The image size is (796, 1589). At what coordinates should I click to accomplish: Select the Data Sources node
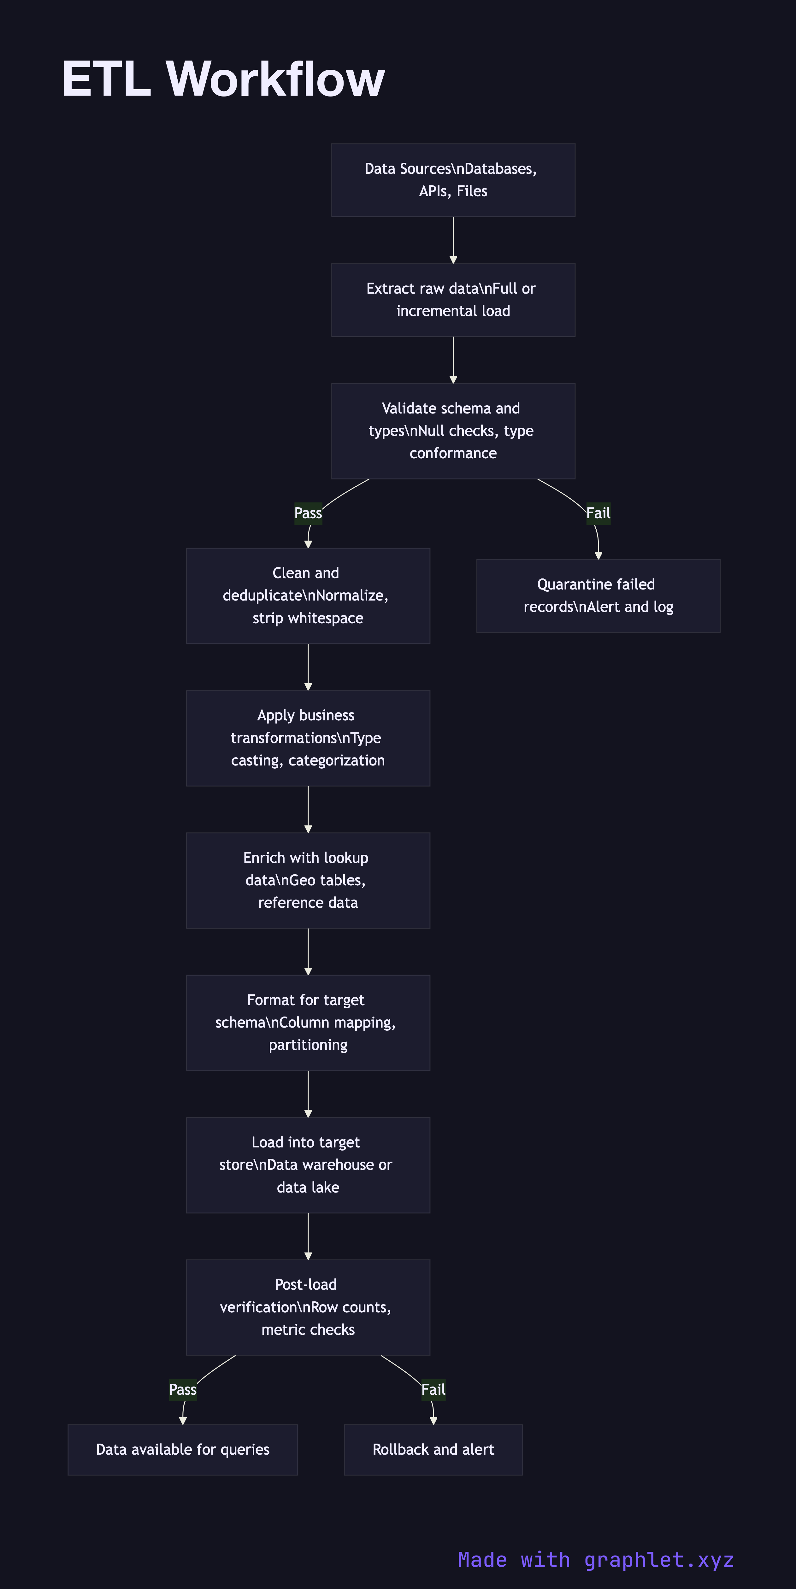[x=453, y=180]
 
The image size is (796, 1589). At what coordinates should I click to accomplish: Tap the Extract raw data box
[x=453, y=300]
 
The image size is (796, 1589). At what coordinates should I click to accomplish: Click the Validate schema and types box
[x=453, y=431]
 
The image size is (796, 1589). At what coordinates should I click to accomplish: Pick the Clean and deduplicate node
[x=308, y=595]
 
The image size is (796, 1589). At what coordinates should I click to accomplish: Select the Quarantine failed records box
[x=598, y=595]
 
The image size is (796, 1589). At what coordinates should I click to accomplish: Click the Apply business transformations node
[x=308, y=738]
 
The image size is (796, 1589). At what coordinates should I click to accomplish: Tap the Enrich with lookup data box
[x=308, y=880]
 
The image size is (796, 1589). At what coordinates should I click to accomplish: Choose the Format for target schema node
[x=308, y=1023]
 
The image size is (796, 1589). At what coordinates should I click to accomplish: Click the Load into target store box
[x=308, y=1164]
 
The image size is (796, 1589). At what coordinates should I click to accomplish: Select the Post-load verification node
[x=308, y=1307]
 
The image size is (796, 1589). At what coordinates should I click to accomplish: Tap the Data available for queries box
[x=183, y=1450]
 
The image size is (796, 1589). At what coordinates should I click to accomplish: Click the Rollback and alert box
[x=433, y=1450]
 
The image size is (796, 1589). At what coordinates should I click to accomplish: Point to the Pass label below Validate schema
[x=308, y=513]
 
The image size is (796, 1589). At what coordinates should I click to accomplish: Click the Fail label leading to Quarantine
[x=598, y=513]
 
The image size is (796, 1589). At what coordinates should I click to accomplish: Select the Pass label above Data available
[x=183, y=1390]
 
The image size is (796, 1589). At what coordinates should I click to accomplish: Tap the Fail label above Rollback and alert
[x=433, y=1390]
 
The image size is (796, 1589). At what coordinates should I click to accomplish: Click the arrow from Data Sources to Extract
[x=453, y=239]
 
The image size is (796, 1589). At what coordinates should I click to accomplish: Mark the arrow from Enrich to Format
[x=308, y=951]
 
